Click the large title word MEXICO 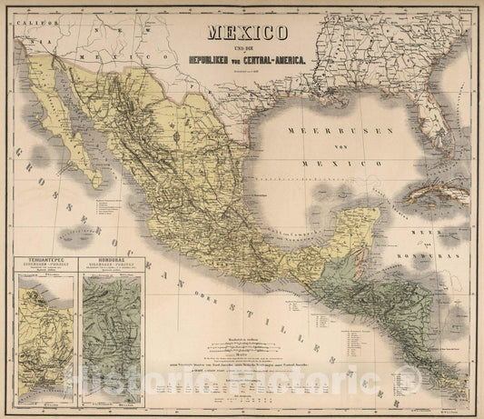[249, 34]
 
